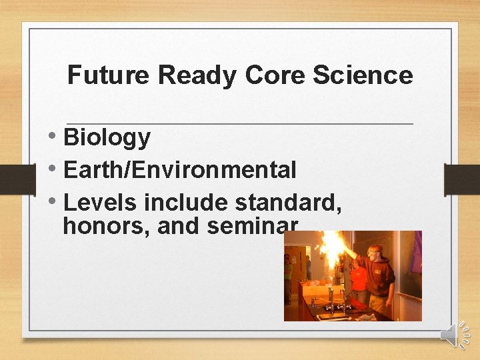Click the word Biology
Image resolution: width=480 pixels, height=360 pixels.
tap(107, 138)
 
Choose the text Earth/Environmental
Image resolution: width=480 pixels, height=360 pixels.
tap(179, 170)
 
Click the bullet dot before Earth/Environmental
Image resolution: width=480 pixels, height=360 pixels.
tap(53, 169)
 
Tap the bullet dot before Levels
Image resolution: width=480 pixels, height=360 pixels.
tap(53, 201)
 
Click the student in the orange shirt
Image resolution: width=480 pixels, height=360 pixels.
tap(359, 280)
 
